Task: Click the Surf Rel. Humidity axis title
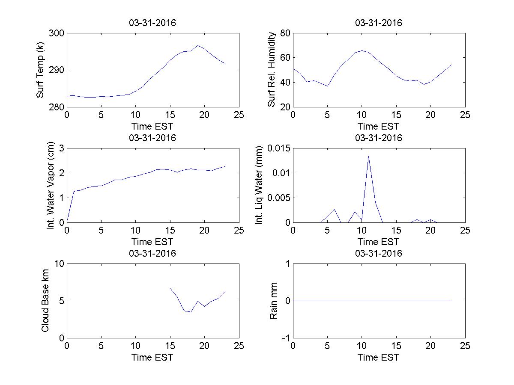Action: point(271,70)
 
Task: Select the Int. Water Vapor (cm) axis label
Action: point(51,185)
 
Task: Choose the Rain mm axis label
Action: point(273,301)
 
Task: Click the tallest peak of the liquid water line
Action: point(368,156)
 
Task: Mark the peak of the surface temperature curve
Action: point(197,45)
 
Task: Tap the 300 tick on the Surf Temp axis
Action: point(56,33)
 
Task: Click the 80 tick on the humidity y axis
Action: point(285,33)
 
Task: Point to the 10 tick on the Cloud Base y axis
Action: point(59,264)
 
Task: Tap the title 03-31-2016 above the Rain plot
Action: point(379,253)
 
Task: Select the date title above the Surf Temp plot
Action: point(152,23)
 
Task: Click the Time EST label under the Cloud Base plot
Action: point(152,357)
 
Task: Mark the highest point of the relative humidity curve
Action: point(362,50)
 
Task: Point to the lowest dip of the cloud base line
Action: point(191,312)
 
